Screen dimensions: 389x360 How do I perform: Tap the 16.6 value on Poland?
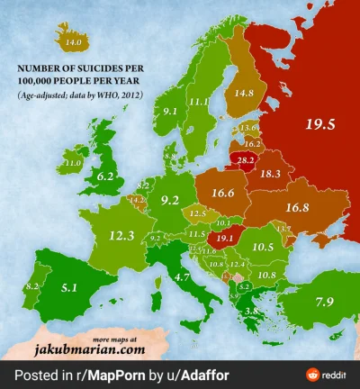click(224, 192)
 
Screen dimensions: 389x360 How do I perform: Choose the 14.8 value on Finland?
click(243, 92)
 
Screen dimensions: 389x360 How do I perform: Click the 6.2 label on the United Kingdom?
click(106, 177)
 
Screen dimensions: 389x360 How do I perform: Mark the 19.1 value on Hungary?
click(222, 239)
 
